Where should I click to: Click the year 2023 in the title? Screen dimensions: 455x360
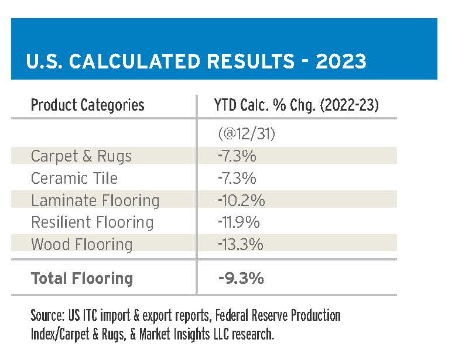[x=341, y=61]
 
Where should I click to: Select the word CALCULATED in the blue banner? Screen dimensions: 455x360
[x=135, y=61]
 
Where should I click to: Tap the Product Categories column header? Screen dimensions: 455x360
[x=87, y=105]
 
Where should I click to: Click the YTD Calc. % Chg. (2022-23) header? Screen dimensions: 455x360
[x=296, y=105]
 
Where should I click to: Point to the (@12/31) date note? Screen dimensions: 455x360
[x=247, y=134]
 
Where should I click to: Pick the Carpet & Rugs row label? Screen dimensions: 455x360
[x=81, y=156]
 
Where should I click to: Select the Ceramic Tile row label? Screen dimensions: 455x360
[x=74, y=178]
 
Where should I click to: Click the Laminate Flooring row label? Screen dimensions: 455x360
[x=95, y=200]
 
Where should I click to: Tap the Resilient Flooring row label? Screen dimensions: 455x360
[x=93, y=222]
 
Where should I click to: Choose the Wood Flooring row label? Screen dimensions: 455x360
[x=82, y=244]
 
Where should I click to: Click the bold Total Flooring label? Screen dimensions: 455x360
[x=82, y=279]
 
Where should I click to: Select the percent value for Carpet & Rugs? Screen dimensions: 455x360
[x=237, y=156]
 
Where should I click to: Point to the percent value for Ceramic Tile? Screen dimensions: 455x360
[x=237, y=178]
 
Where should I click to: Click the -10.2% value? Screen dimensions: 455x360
[x=241, y=200]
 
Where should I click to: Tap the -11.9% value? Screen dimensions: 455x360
[x=239, y=222]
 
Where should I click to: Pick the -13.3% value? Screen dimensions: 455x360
[x=241, y=244]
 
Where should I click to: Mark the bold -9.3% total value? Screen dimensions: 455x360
[x=241, y=279]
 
